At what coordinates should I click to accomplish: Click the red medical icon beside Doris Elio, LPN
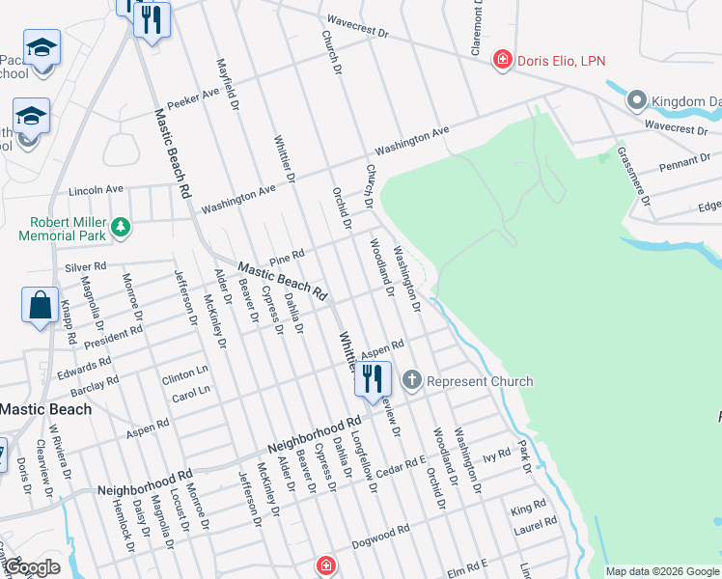pos(502,61)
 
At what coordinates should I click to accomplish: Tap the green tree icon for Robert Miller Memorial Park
pos(121,228)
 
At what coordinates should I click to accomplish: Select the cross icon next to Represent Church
pos(412,380)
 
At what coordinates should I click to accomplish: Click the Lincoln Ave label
pos(97,189)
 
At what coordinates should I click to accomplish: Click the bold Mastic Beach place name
pos(45,409)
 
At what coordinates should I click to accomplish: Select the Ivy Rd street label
pos(496,454)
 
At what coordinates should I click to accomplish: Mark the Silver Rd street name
pos(85,265)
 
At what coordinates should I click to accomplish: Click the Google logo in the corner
pos(32,566)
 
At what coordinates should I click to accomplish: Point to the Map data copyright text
pos(662,571)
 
